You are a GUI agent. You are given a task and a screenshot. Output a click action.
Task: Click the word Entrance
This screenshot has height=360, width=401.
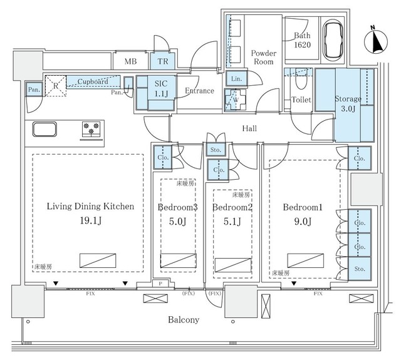pos(200,91)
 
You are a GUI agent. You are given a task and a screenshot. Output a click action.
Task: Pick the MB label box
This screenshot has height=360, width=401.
pos(130,61)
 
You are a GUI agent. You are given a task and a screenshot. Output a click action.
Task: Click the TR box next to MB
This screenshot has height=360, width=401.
pos(162,61)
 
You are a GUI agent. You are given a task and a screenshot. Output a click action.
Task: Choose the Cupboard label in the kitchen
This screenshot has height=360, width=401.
pos(93,81)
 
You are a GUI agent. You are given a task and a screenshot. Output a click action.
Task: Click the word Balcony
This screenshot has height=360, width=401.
pos(183,319)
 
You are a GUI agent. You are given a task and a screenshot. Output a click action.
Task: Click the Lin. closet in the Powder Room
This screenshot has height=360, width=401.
pos(236,79)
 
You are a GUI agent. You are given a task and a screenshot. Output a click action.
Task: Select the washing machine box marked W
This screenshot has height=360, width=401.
pos(236,99)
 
